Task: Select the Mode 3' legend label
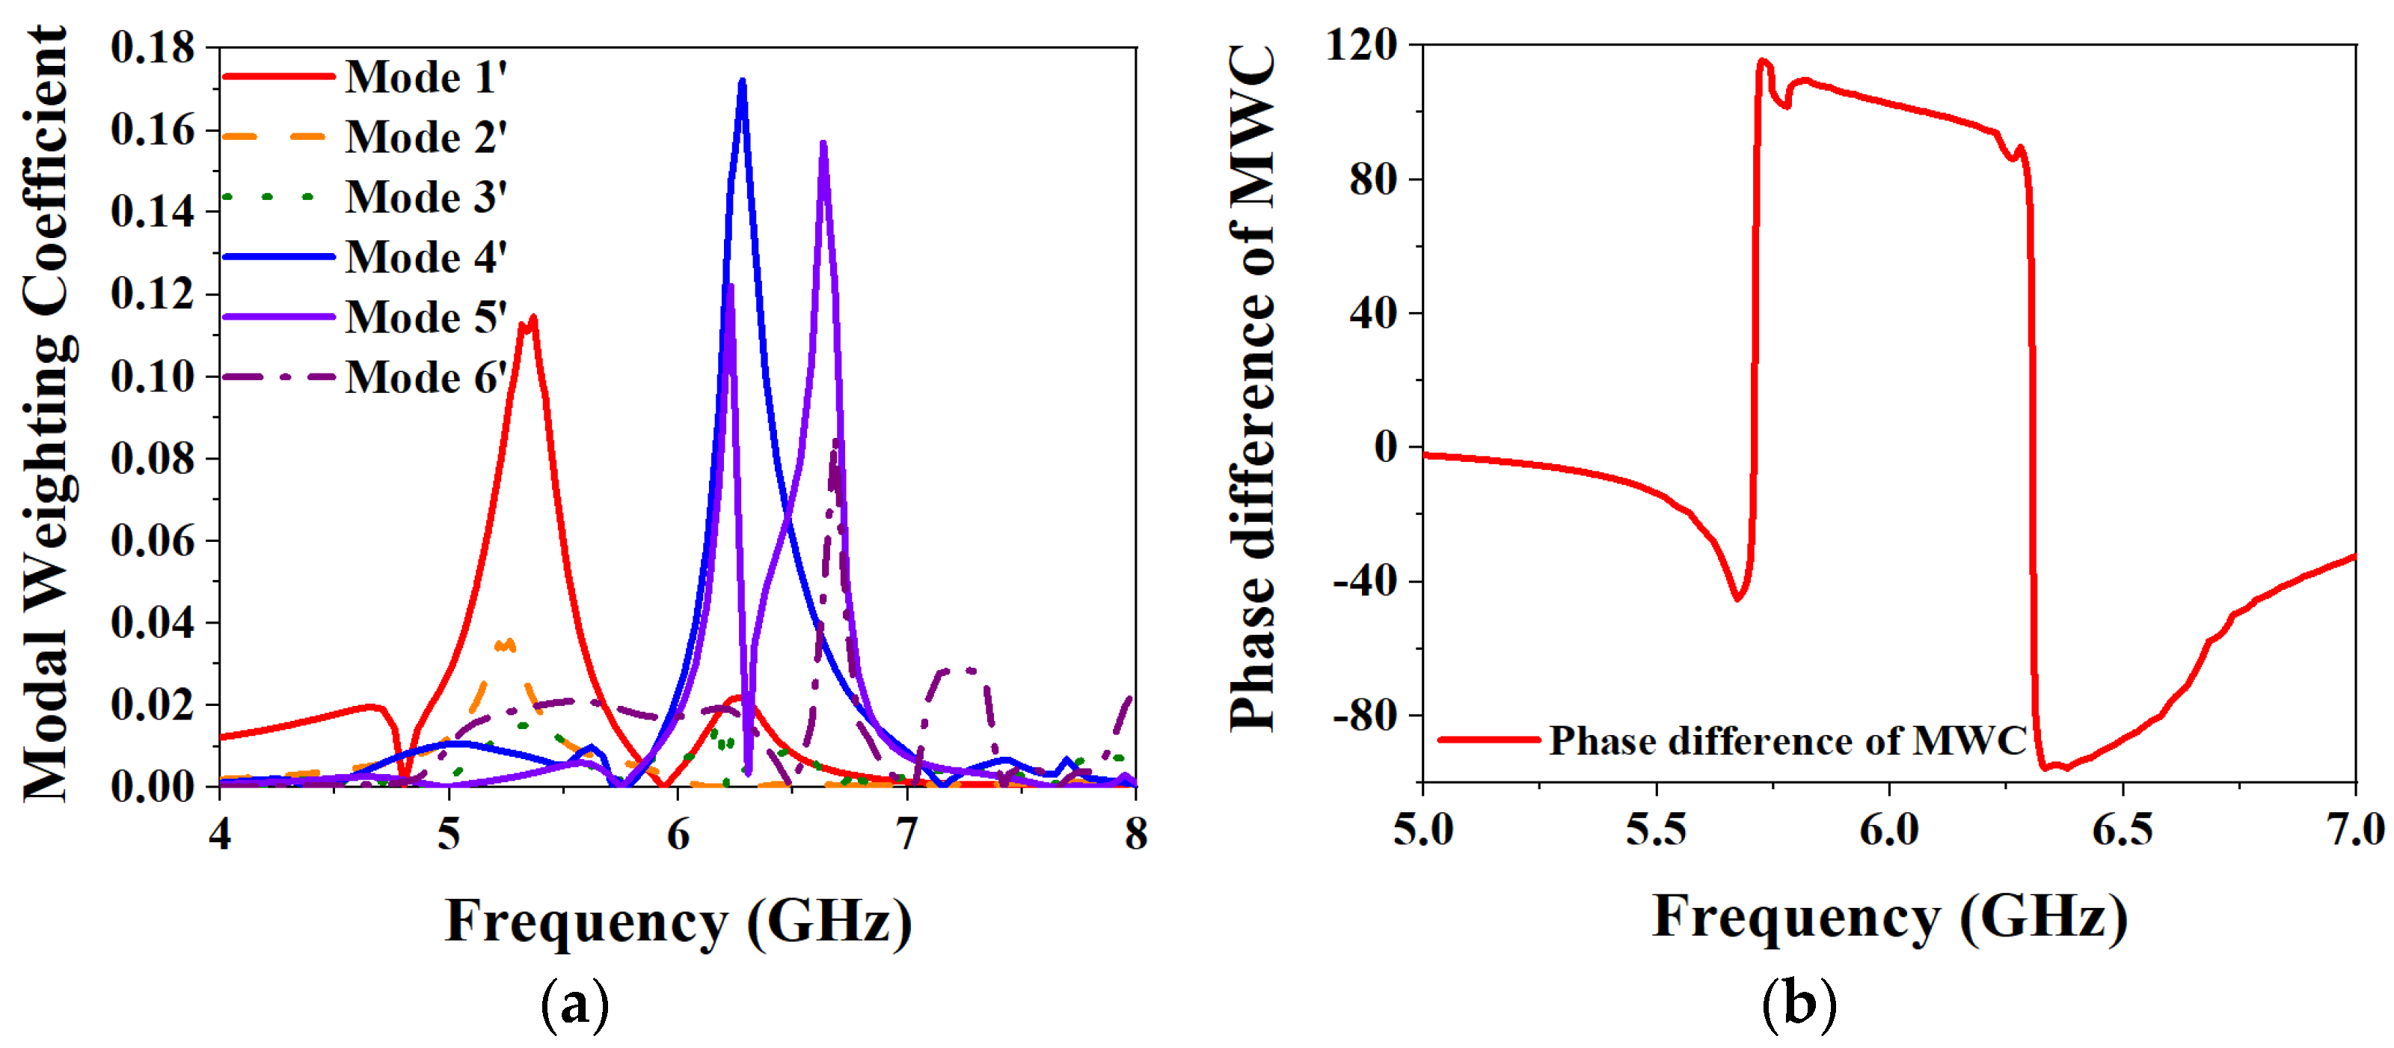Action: (426, 197)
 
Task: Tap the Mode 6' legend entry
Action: (426, 377)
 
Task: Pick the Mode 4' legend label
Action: (426, 258)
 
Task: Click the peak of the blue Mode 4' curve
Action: (742, 82)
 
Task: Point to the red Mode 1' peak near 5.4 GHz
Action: (532, 318)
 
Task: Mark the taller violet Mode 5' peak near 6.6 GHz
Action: (823, 144)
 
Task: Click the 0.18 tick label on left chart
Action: (153, 47)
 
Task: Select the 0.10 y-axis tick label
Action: (153, 377)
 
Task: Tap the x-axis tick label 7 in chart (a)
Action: (907, 834)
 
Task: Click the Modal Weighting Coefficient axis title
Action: (46, 414)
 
